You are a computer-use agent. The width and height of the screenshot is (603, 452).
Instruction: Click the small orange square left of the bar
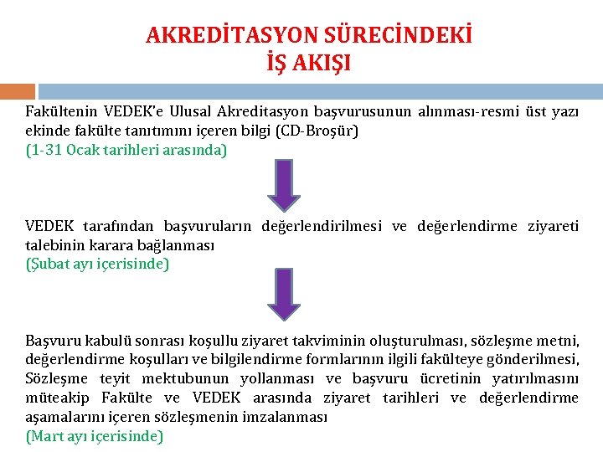(17, 91)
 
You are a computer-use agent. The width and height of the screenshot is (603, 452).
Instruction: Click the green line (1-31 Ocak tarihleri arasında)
(126, 151)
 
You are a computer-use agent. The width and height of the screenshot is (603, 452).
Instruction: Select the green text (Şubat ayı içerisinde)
(97, 265)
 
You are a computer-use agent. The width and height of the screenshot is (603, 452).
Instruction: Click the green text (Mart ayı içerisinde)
(95, 435)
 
